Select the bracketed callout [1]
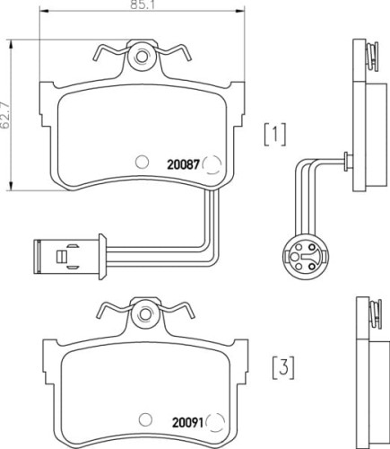click(x=274, y=134)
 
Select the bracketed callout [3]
click(x=283, y=367)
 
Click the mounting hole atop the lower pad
click(x=143, y=316)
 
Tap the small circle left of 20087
click(x=140, y=163)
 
